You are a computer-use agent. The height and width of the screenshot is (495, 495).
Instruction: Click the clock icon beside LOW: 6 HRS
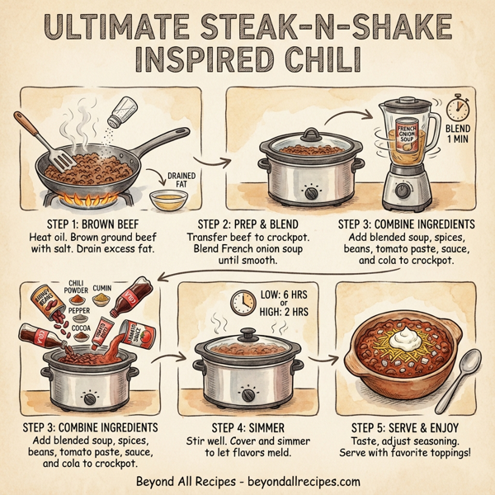point(241,301)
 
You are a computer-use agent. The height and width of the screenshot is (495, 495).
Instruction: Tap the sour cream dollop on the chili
point(389,334)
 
